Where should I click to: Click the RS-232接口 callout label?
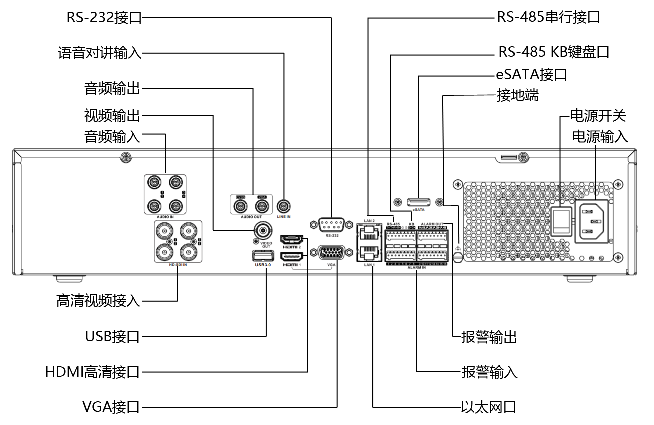click(x=104, y=18)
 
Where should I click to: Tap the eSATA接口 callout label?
click(x=531, y=75)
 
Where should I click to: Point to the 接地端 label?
click(x=517, y=95)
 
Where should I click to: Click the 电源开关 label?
click(x=598, y=116)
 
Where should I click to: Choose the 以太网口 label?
click(x=488, y=407)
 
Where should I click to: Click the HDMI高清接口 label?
click(x=92, y=372)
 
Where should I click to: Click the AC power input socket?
click(x=592, y=221)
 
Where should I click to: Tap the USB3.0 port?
click(x=262, y=256)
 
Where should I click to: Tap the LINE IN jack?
click(x=284, y=206)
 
